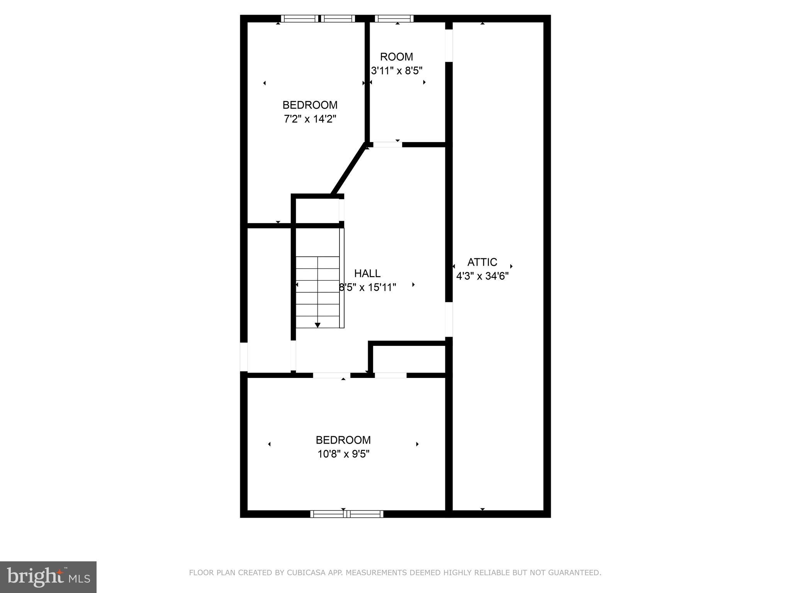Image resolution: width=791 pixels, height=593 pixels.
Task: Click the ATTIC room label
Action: tap(482, 263)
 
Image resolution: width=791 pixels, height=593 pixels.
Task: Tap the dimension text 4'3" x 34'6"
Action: tap(482, 276)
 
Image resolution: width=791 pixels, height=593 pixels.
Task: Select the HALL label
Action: tap(367, 274)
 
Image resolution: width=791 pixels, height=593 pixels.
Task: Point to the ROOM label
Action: tap(396, 57)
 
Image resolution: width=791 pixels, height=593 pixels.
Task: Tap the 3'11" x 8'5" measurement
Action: tap(396, 71)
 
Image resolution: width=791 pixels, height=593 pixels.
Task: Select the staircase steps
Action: tap(317, 291)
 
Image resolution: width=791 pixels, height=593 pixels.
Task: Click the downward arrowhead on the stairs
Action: tap(317, 325)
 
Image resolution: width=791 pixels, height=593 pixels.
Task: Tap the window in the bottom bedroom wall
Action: tap(346, 514)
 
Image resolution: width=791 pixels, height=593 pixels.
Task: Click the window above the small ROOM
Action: tap(394, 19)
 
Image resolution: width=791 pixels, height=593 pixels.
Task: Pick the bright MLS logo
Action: tap(48, 577)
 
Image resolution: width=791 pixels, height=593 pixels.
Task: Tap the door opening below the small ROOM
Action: tap(387, 145)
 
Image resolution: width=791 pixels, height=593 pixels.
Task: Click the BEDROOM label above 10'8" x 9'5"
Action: tap(343, 440)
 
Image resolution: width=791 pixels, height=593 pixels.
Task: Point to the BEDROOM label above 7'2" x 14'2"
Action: tap(310, 105)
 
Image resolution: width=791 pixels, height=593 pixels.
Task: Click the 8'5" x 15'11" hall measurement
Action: tap(367, 288)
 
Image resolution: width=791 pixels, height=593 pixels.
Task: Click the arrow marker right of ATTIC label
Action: tap(511, 266)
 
